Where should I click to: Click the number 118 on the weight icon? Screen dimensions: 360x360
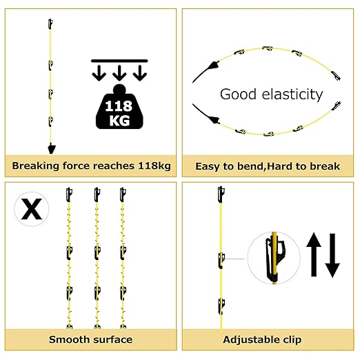[119, 106]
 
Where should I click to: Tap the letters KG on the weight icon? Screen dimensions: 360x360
[119, 121]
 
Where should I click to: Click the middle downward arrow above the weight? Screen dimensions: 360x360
[119, 73]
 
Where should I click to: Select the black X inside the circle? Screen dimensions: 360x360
[32, 209]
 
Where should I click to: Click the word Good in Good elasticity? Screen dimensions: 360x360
[238, 94]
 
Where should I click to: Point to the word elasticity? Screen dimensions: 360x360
[292, 94]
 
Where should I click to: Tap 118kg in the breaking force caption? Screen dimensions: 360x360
[154, 166]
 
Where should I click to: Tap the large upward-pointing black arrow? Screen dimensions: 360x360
[314, 254]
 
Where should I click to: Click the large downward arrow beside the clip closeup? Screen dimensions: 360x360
[332, 256]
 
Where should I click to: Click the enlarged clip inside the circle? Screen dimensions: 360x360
[274, 258]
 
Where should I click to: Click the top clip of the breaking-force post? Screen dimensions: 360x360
[50, 24]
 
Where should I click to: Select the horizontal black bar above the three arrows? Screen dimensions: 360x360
[119, 61]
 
